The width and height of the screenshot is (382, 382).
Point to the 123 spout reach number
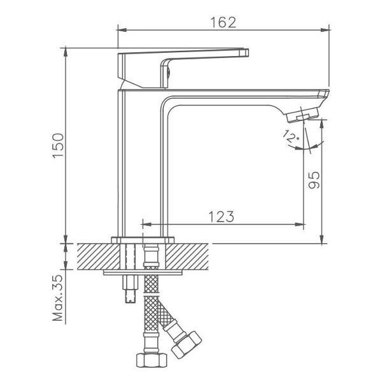pos(221,216)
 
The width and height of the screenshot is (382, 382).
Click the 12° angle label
pos(291,136)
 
